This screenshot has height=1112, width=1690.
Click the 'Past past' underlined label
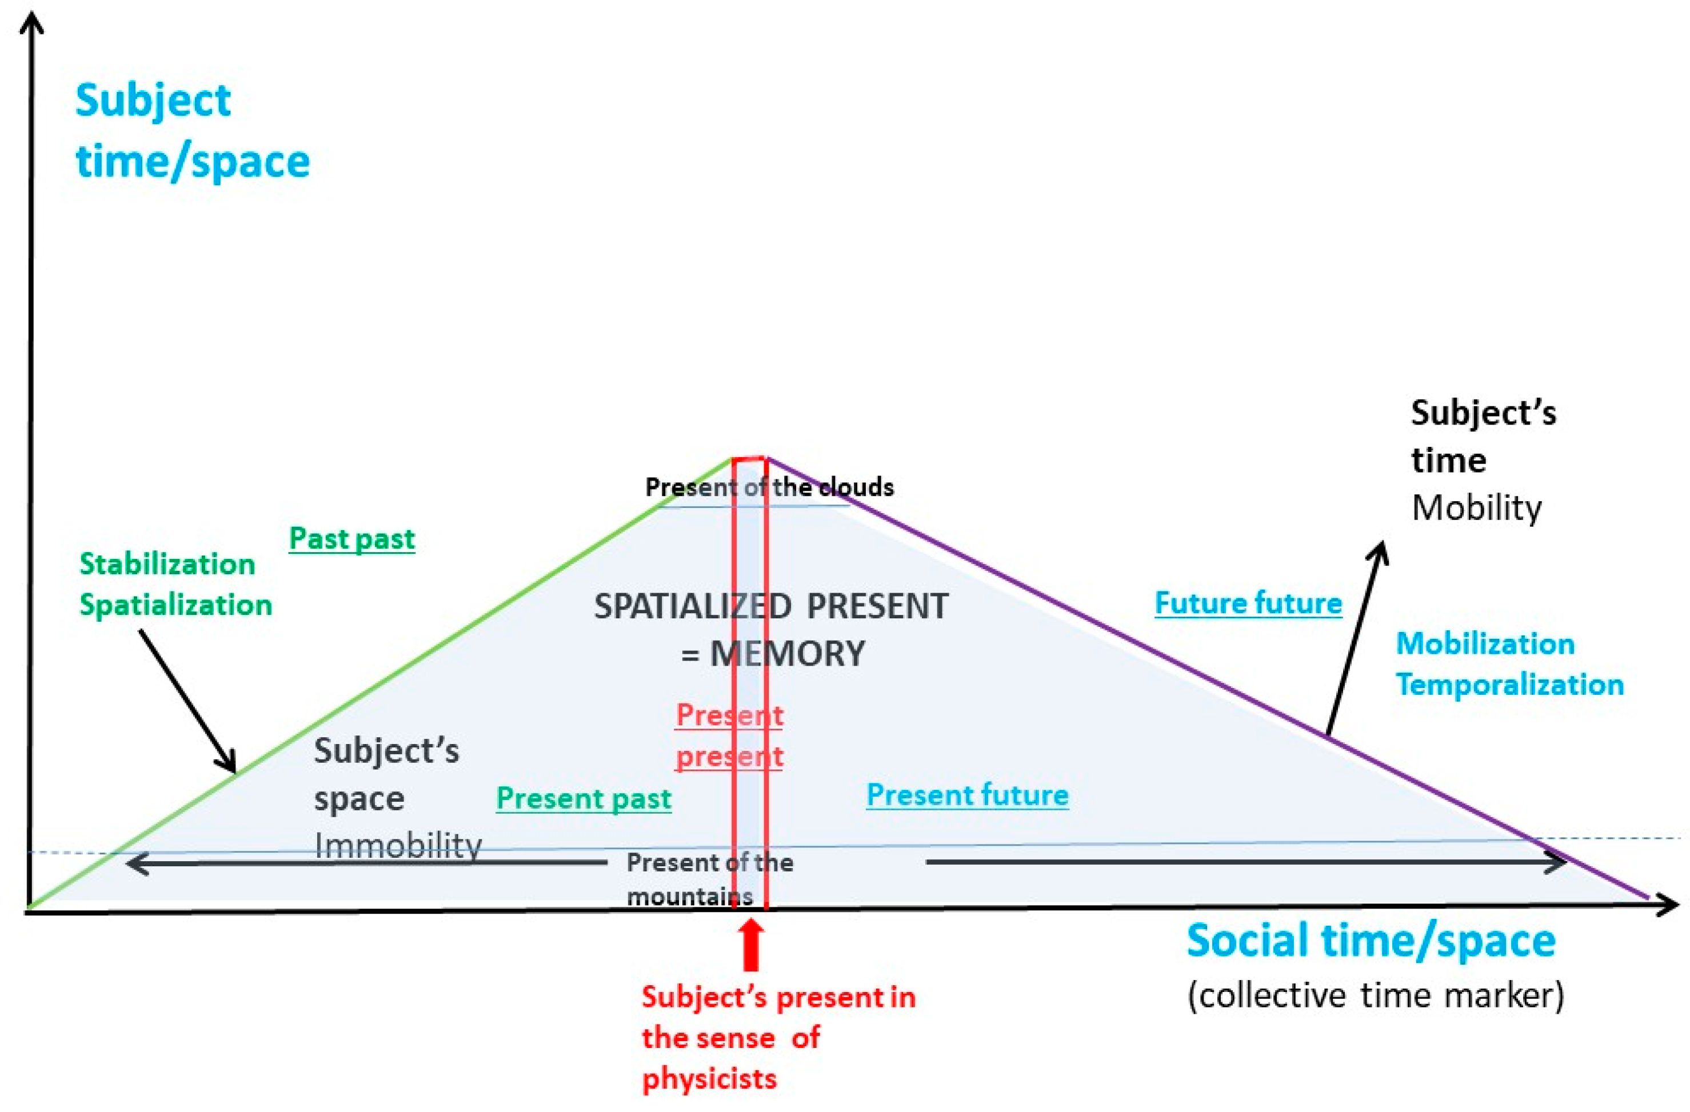(x=351, y=539)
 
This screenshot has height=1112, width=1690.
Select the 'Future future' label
(x=1248, y=603)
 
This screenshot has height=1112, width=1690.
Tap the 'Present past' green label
(x=583, y=798)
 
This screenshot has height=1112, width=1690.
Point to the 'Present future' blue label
(x=967, y=795)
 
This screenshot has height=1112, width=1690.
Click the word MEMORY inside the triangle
(x=788, y=653)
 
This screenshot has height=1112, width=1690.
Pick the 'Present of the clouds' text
(x=769, y=487)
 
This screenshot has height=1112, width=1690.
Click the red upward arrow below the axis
(x=751, y=945)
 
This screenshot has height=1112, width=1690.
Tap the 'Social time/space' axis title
(x=1371, y=941)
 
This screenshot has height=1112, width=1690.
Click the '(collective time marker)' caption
(x=1376, y=995)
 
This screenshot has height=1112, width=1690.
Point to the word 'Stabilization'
(x=167, y=564)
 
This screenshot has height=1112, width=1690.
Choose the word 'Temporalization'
(x=1509, y=685)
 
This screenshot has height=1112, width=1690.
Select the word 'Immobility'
(x=398, y=845)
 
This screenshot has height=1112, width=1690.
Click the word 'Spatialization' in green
(x=175, y=605)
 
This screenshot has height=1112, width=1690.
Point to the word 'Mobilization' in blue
(x=1485, y=643)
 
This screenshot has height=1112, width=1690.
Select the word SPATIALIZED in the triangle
(x=692, y=606)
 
